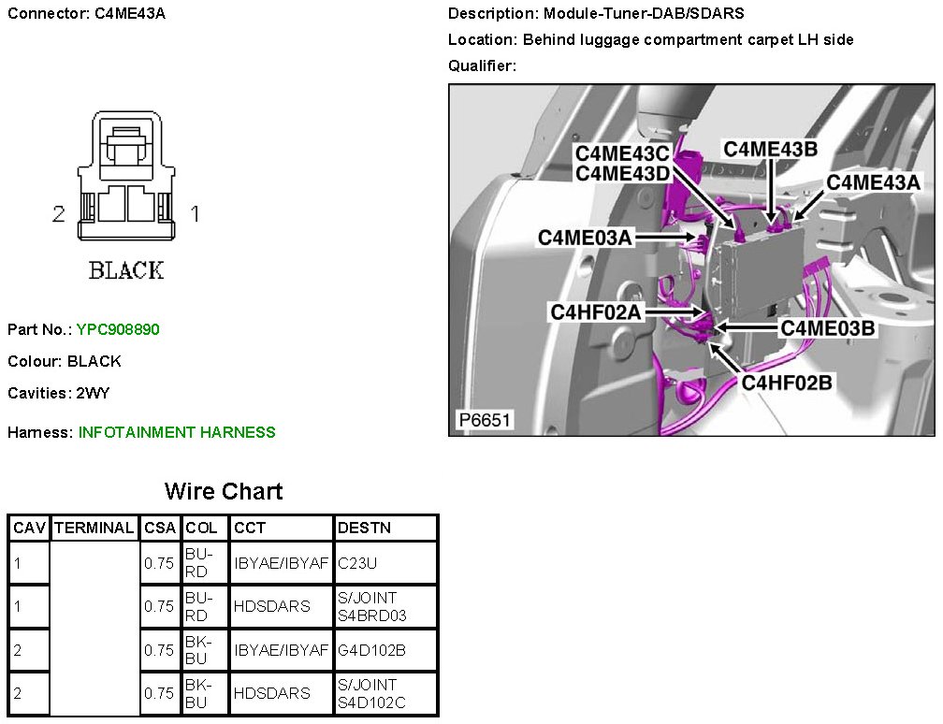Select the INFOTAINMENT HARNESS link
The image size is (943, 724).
point(177,432)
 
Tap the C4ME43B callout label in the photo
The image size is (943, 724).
point(770,149)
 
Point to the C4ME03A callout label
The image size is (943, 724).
point(585,238)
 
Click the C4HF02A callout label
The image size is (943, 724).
point(597,312)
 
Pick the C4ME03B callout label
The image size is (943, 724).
point(828,327)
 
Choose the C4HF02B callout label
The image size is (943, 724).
point(787,382)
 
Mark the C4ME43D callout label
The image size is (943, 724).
point(621,172)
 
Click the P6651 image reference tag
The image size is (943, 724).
point(484,420)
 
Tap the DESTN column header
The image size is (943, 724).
point(364,528)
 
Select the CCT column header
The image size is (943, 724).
point(250,528)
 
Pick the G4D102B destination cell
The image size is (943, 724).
point(371,649)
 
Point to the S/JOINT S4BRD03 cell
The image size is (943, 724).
point(371,606)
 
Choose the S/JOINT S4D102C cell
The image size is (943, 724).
point(371,693)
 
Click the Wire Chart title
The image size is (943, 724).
point(224,491)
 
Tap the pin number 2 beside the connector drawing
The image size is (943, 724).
point(58,214)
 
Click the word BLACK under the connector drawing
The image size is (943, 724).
point(126,271)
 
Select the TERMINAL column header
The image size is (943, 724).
point(94,528)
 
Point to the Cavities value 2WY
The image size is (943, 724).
point(94,393)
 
